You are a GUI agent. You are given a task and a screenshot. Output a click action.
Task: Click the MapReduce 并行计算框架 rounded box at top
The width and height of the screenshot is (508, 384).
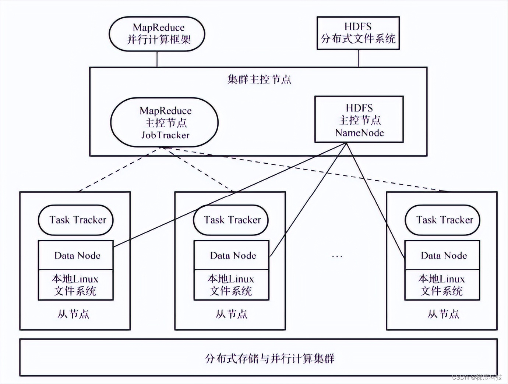[157, 33]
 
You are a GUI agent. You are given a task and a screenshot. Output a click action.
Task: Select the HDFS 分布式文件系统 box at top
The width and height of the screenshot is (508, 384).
[358, 33]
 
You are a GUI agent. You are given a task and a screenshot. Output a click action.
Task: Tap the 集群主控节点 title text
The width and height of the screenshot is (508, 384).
[259, 79]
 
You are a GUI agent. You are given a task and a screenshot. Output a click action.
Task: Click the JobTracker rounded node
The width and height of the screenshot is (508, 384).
[165, 122]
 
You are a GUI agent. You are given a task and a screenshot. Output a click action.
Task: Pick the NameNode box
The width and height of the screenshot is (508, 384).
[359, 120]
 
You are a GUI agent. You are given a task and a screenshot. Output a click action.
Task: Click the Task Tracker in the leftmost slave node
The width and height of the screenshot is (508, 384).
[76, 220]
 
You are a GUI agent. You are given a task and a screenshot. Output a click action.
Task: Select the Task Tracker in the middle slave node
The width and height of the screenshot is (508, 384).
[231, 220]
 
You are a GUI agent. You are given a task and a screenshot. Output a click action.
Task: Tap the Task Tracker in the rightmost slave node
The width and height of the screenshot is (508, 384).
[442, 220]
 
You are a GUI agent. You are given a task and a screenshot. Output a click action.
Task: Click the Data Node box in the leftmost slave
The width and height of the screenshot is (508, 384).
[76, 255]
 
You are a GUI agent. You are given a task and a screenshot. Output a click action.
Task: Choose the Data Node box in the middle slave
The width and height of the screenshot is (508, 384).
[232, 255]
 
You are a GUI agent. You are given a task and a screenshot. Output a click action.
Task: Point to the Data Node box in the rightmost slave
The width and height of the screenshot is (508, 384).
[442, 255]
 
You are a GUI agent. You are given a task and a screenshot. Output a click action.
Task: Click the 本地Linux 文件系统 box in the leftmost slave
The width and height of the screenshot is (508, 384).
[76, 285]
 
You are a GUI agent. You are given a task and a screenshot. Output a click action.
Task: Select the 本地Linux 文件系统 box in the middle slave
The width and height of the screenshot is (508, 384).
[232, 285]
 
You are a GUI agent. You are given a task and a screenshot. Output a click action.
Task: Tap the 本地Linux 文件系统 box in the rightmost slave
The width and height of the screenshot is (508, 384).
[442, 285]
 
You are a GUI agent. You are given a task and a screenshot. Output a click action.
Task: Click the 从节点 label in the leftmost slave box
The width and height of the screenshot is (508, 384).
[73, 314]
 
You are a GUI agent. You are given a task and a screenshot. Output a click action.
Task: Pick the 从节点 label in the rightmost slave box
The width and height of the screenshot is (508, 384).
[443, 314]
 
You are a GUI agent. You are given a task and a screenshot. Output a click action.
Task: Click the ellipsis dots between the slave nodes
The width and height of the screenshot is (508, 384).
[337, 256]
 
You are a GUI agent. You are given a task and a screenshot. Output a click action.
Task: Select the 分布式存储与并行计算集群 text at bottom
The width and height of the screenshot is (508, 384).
[269, 358]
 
